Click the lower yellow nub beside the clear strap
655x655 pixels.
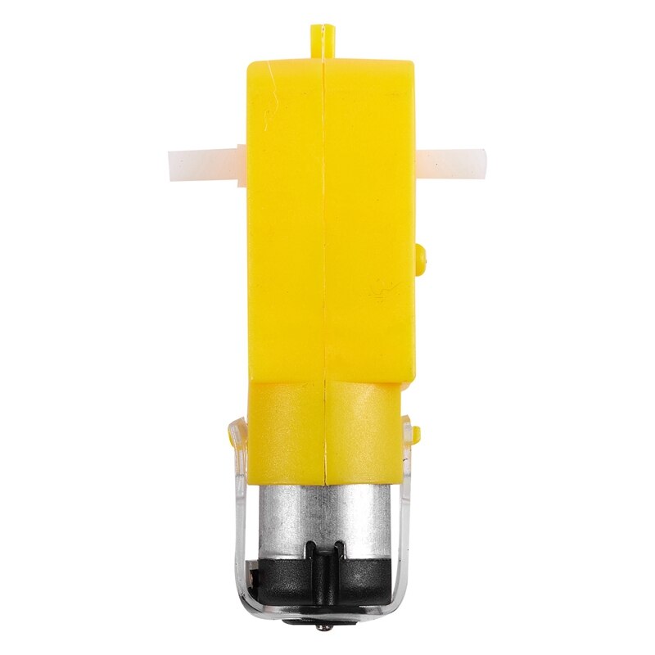416,431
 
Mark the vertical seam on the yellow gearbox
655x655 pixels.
326,246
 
